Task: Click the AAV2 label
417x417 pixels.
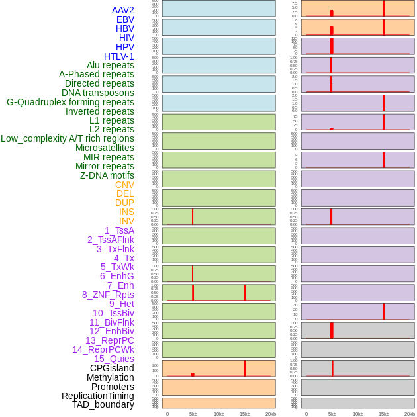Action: coord(122,10)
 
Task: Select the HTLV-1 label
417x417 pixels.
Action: coord(118,56)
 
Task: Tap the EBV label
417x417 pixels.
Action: coord(125,19)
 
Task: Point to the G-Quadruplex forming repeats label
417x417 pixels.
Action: coord(70,102)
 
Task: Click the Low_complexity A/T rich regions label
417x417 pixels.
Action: coord(68,138)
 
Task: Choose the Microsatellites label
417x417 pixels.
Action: coord(105,148)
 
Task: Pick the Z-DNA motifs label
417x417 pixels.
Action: coord(107,175)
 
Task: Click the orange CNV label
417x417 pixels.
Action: coord(124,185)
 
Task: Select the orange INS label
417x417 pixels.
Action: coord(126,212)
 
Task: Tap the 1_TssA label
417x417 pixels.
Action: coord(119,230)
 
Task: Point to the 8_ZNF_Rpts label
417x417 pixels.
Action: coord(108,295)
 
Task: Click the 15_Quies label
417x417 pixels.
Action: coord(114,359)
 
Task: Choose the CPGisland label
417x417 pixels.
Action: coord(112,368)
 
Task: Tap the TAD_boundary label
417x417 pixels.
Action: coord(103,404)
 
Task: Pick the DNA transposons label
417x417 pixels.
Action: coord(98,93)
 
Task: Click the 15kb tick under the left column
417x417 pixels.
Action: coord(244,414)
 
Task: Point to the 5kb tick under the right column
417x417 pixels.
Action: coord(332,414)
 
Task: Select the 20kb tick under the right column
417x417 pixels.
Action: coord(409,414)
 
